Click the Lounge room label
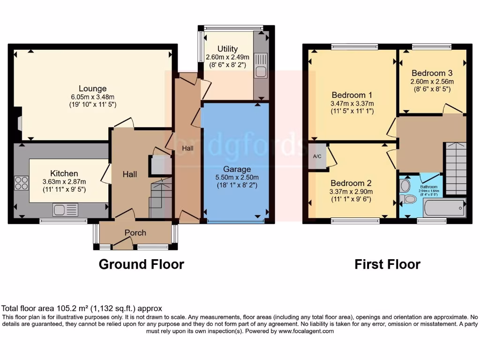pos(92,88)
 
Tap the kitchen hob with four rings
pos(21,182)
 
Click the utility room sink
pos(261,72)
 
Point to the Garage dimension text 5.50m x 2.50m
pos(237,177)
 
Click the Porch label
pos(135,232)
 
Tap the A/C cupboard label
pos(317,156)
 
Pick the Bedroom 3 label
pos(432,73)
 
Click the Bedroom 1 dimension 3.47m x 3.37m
pos(352,103)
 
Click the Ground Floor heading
pos(141,264)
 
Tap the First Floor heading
pos(387,264)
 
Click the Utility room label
pos(227,49)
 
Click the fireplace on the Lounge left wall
pos(18,123)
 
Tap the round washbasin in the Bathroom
pos(405,185)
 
